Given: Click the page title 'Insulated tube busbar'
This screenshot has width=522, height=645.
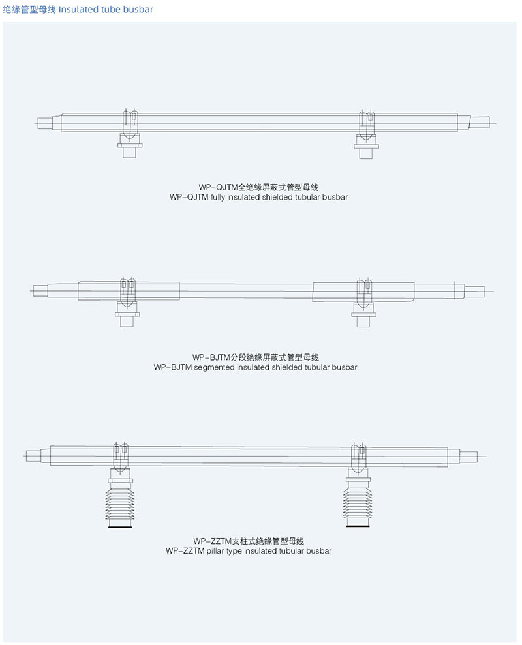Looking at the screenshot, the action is tap(106, 10).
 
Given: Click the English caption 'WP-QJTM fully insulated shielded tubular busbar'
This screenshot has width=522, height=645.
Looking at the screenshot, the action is tap(258, 197).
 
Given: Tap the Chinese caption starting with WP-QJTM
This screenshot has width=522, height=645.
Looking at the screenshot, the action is tap(258, 187).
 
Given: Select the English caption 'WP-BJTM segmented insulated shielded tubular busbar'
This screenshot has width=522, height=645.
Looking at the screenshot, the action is tap(255, 367).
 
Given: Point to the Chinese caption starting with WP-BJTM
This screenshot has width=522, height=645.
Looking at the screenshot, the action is tap(255, 357).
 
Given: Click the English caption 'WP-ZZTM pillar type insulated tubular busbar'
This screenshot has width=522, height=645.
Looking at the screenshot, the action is tap(249, 551).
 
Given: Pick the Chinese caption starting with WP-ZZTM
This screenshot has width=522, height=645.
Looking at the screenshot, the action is tap(249, 541).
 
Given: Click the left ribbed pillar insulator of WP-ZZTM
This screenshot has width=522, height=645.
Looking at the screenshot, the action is tap(120, 505).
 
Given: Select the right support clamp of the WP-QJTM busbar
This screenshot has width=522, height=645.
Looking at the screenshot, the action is tap(367, 134).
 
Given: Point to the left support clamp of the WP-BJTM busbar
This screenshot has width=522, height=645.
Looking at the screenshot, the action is tap(127, 303).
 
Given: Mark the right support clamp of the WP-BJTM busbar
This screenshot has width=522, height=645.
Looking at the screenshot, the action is tap(363, 303).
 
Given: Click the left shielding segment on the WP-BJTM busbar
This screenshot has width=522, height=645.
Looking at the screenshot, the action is tap(129, 290).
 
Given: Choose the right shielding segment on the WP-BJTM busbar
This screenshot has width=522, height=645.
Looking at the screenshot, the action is tap(363, 292).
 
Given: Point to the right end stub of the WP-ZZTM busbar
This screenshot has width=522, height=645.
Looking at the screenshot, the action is tap(468, 456).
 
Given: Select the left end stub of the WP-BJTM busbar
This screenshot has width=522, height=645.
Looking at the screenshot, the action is tap(40, 291).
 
